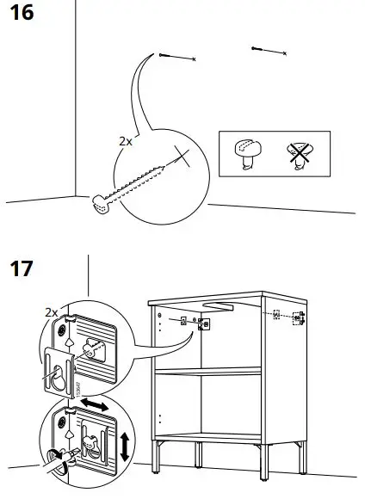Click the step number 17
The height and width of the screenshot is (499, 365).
click(x=21, y=268)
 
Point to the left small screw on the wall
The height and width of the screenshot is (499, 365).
click(x=178, y=57)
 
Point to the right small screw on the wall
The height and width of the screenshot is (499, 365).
click(x=267, y=51)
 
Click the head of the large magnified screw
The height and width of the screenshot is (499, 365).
click(x=101, y=203)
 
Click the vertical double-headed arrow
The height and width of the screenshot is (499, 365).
click(x=126, y=446)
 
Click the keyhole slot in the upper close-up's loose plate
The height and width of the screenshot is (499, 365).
click(x=56, y=377)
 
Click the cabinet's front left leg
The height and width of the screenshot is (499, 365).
click(x=158, y=456)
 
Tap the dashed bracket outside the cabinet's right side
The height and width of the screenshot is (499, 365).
click(x=297, y=318)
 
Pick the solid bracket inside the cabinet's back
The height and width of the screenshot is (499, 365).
click(x=204, y=323)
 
